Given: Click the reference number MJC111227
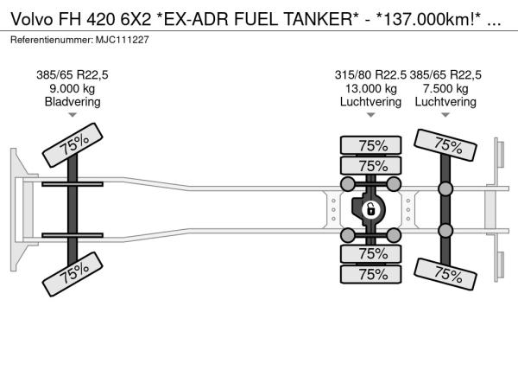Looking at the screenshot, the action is coord(123,40).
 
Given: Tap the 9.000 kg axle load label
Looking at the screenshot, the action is coord(73,89).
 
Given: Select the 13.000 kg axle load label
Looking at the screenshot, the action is coord(370,89).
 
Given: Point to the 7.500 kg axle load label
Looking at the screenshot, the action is coord(445,89).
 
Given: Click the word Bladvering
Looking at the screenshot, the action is coord(73,102).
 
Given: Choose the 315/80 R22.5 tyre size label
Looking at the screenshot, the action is coord(370,75).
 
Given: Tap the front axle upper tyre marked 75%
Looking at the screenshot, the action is coord(73,145).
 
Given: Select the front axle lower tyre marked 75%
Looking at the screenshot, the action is coord(73,274).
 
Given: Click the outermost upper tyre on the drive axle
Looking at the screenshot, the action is coord(371,145).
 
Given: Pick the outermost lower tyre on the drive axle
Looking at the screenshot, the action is coord(371,274).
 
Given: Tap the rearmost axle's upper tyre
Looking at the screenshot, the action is coord(445,145).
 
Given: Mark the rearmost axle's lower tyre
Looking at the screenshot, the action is coord(445,274).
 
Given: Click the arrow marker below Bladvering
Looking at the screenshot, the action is coord(73,115).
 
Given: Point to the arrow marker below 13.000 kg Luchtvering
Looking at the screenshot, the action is coord(370,115).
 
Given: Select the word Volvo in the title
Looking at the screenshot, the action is coord(32,20).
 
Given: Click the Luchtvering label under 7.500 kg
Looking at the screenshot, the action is coord(445,102).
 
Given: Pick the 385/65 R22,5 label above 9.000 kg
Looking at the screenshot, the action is coord(73,75).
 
